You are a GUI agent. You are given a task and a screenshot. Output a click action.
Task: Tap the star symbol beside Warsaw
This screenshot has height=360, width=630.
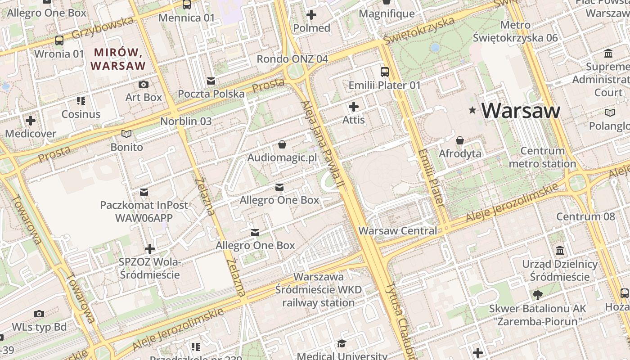(x=472, y=110)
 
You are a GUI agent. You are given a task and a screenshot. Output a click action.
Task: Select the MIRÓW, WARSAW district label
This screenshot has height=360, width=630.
(x=118, y=59)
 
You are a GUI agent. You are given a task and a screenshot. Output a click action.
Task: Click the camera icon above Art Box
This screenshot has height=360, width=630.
(x=144, y=84)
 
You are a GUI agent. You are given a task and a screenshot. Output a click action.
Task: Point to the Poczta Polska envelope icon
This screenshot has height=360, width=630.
(x=211, y=81)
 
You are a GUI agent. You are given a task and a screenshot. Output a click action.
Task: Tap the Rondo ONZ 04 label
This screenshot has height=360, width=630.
(x=292, y=59)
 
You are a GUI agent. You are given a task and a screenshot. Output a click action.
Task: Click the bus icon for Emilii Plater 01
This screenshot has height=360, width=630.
(x=385, y=72)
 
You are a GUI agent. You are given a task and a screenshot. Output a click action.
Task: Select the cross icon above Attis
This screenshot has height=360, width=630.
(x=354, y=107)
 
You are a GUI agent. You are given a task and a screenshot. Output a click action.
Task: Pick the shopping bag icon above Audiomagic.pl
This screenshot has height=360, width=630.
(x=282, y=144)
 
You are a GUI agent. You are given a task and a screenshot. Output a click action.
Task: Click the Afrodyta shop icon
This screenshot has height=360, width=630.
(x=460, y=140)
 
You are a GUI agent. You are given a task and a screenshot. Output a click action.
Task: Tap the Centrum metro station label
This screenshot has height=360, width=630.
(x=542, y=157)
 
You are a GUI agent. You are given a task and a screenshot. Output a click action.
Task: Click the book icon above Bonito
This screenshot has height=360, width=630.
(x=127, y=134)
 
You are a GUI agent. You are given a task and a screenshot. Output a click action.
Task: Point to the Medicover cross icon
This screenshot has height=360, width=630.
(x=31, y=121)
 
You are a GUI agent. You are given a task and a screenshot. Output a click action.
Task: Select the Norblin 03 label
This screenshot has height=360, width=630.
(x=186, y=121)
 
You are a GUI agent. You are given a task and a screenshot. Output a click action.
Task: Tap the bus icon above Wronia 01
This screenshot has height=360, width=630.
(x=59, y=40)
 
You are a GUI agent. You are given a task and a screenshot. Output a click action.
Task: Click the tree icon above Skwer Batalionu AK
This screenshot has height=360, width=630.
(x=537, y=295)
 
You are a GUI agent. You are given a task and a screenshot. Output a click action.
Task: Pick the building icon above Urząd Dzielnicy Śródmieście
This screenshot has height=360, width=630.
(x=560, y=250)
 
